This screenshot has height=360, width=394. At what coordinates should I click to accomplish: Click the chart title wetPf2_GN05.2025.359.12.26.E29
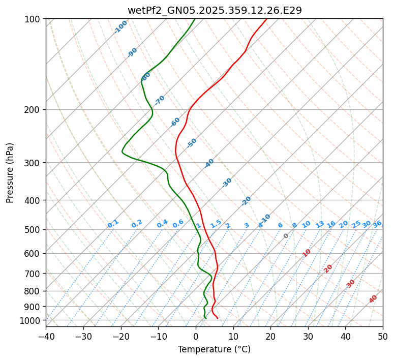(214, 10)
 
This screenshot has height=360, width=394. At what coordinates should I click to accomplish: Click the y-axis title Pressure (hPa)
(10, 173)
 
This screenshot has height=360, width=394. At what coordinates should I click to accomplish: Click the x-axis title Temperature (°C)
(214, 350)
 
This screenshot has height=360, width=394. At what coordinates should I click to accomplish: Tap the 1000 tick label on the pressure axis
(32, 320)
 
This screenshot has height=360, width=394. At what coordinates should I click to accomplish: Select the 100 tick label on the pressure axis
(34, 19)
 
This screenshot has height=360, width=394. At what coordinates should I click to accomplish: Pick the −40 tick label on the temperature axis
(46, 336)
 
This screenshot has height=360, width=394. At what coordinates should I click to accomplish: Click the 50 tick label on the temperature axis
(383, 336)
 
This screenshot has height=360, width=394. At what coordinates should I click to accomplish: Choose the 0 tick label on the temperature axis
(196, 336)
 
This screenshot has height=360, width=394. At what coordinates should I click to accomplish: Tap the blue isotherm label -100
(120, 27)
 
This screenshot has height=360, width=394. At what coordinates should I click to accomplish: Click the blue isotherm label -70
(160, 100)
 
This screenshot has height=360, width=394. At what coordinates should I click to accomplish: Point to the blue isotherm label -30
(227, 183)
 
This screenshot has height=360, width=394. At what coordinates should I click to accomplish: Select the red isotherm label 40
(373, 299)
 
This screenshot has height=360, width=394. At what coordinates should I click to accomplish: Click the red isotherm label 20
(328, 268)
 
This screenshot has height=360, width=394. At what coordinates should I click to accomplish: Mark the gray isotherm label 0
(286, 236)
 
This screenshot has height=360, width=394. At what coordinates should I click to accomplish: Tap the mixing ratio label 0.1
(113, 224)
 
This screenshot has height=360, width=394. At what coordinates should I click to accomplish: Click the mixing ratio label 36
(377, 224)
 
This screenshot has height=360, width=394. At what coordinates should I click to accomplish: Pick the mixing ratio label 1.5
(216, 224)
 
